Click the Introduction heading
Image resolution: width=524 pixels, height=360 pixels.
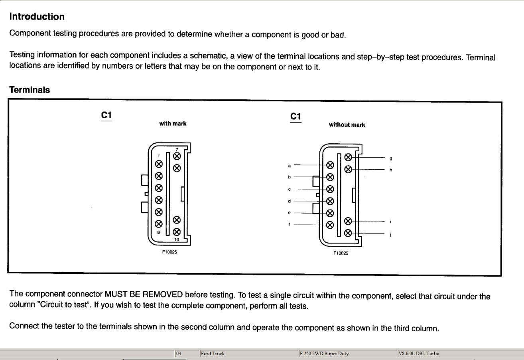[x=37, y=17]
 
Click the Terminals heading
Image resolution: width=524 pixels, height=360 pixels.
[x=30, y=90]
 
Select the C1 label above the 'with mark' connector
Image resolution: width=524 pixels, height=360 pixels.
[x=106, y=116]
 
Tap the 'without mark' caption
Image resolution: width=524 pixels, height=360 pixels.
[x=347, y=125]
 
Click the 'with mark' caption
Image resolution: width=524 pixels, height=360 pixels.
[x=173, y=123]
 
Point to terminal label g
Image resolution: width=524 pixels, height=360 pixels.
[x=391, y=158]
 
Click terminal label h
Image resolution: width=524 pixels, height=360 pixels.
[x=391, y=170]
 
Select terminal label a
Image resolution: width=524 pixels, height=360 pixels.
[x=290, y=165]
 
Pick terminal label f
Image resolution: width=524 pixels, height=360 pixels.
[x=290, y=224]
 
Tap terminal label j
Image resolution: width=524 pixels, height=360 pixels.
[x=391, y=234]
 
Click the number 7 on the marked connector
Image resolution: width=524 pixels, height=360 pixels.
[x=177, y=150]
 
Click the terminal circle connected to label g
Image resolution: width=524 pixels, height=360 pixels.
[x=348, y=157]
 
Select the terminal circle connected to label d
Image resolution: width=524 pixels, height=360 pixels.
[x=330, y=201]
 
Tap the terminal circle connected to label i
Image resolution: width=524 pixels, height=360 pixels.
[x=348, y=221]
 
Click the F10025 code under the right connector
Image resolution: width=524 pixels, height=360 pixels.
[x=341, y=253]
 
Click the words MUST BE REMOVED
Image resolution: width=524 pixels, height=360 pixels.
[x=143, y=295]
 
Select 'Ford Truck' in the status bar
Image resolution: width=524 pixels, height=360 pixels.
[x=213, y=353]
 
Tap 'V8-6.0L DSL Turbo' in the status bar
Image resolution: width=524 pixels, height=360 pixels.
[x=419, y=353]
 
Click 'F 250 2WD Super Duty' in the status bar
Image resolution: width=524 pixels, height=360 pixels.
[x=324, y=353]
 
